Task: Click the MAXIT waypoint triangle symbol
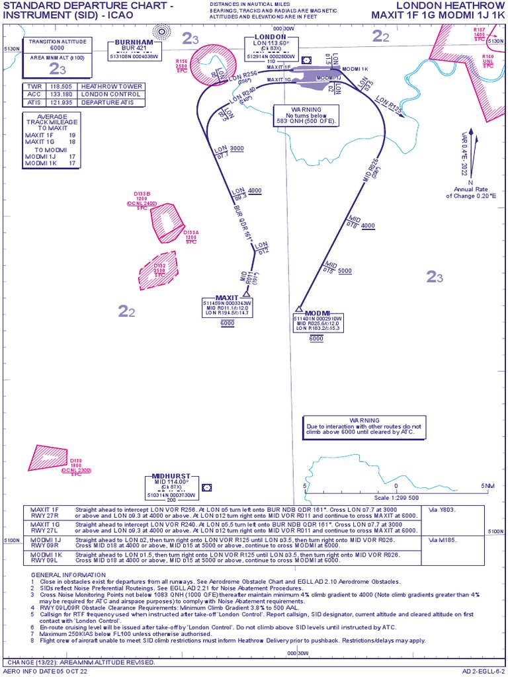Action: click(246, 294)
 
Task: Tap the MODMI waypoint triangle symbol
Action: click(299, 309)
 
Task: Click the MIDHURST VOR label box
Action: click(171, 485)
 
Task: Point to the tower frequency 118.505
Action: click(62, 87)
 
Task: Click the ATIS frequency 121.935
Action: click(62, 102)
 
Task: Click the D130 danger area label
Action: click(76, 465)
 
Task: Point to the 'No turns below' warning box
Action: click(307, 114)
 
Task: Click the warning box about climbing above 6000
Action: click(364, 427)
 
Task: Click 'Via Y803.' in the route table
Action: click(443, 510)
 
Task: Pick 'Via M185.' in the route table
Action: click(443, 539)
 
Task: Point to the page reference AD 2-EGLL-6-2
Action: click(484, 671)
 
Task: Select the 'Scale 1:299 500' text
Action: click(397, 497)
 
